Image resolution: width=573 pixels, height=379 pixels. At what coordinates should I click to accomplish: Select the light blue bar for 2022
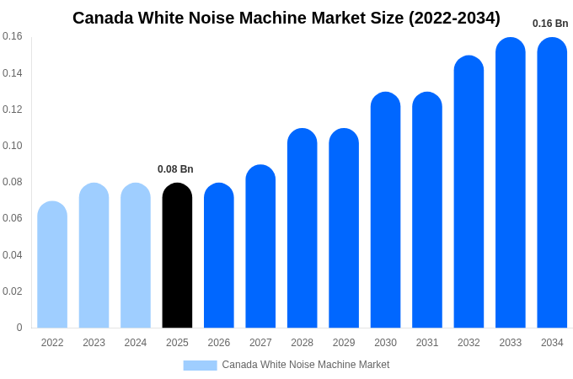[52, 264]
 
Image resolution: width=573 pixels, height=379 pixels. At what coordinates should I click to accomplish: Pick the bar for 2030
[385, 210]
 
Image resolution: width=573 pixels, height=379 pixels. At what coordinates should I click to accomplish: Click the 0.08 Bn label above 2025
[175, 169]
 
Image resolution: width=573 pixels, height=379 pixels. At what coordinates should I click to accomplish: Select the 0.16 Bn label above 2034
[550, 24]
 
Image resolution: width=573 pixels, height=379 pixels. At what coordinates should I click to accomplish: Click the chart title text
[286, 18]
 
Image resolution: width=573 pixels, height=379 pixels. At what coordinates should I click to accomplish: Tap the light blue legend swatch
[200, 365]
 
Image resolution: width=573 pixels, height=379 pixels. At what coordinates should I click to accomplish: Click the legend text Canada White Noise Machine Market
[306, 365]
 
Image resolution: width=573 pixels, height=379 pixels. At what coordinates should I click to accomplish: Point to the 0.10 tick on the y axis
[13, 146]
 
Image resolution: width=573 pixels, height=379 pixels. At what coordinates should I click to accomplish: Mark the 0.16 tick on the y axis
[13, 36]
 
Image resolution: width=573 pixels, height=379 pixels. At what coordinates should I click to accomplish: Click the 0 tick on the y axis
[19, 328]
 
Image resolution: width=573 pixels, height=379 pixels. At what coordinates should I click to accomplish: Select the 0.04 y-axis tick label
[13, 255]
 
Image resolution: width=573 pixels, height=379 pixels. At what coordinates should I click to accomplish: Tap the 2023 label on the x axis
[94, 343]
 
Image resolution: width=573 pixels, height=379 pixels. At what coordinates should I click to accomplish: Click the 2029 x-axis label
[344, 343]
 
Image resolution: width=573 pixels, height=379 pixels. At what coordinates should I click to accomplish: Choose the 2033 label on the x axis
[510, 343]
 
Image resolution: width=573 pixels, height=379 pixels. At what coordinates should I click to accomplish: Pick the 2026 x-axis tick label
[219, 343]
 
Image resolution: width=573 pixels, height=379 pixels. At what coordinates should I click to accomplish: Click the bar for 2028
[302, 228]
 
